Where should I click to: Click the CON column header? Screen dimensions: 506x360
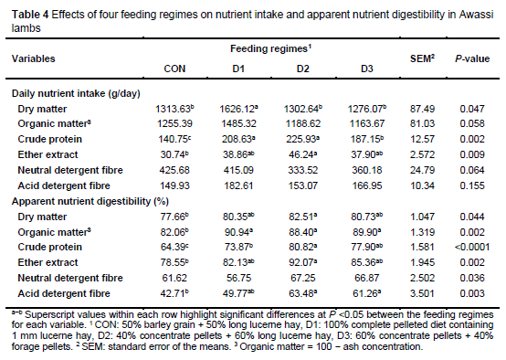coord(174,69)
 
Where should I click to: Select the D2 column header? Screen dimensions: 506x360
coord(302,69)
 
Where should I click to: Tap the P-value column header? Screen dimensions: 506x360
coord(472,58)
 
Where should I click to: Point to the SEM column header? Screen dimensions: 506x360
coord(422,58)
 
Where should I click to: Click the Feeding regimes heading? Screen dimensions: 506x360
coord(270,48)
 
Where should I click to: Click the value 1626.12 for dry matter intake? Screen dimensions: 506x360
coord(238,109)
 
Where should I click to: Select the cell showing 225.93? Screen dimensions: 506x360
coord(302,139)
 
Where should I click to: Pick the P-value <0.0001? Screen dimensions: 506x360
coord(472,247)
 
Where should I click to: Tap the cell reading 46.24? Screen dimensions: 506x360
coord(302,154)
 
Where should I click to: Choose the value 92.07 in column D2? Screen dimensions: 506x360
coord(302,262)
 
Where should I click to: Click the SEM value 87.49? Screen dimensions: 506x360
coord(422,109)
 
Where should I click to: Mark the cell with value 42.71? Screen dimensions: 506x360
coord(174,293)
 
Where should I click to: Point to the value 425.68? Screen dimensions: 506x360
coord(174,170)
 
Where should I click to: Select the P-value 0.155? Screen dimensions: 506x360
coord(472,185)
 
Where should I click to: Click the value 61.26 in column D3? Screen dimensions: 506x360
coord(367,293)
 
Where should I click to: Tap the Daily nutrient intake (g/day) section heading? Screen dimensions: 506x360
coord(76,93)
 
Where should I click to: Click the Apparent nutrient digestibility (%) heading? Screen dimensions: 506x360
coord(90,201)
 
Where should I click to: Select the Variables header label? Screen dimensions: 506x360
coord(33,58)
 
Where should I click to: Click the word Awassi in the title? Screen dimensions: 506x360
coord(476,15)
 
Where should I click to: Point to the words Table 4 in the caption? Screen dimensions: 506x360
coord(30,15)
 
